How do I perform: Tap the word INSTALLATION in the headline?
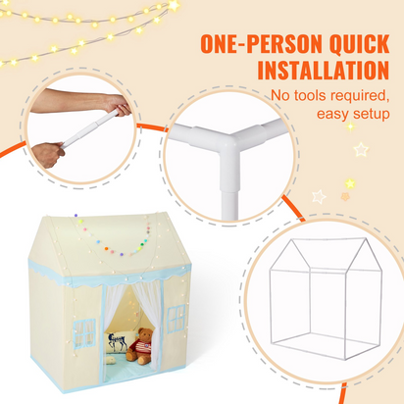point(324,70)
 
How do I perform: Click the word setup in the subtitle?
point(371,115)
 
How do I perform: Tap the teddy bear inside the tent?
point(140,346)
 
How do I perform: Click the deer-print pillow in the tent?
point(117,342)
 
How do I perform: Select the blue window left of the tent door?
point(84,333)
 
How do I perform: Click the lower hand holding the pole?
point(48,155)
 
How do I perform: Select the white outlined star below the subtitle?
point(361,149)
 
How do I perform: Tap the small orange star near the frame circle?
point(345,197)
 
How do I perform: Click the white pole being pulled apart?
point(90,128)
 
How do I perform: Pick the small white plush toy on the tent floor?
point(111,360)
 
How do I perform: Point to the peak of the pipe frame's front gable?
point(291,240)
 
